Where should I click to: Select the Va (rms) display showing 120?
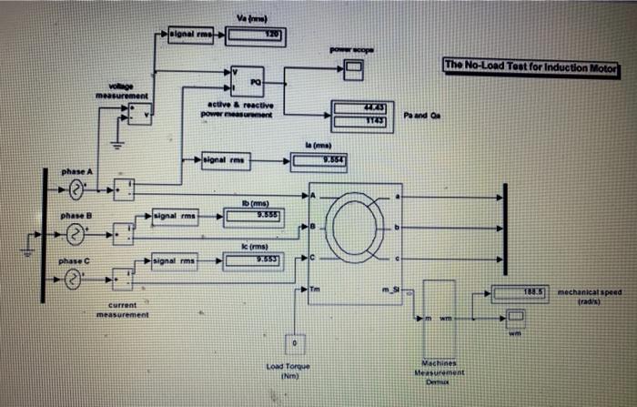point(255,36)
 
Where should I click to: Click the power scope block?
point(352,69)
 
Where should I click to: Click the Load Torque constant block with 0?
point(293,343)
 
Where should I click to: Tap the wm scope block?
point(515,318)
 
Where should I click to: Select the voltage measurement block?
point(138,114)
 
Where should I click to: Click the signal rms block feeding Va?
point(192,35)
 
